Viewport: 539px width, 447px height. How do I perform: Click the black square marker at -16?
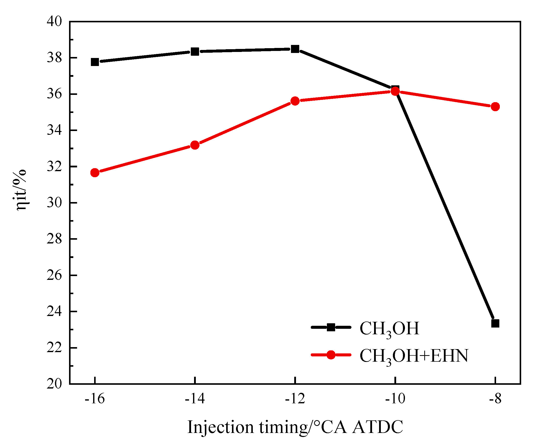point(95,62)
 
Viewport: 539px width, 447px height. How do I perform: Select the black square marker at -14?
point(195,52)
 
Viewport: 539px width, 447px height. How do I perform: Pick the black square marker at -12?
point(295,49)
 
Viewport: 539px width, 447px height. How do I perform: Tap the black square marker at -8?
point(495,323)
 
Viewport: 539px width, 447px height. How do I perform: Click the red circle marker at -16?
point(95,173)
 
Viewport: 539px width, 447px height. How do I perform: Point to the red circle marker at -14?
point(195,145)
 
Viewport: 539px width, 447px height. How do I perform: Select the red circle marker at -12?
point(295,101)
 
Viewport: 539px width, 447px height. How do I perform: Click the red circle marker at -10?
point(395,91)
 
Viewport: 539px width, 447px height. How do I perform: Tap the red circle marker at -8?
point(495,106)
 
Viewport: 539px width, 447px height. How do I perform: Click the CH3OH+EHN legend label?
point(414,356)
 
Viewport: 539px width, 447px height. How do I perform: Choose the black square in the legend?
point(331,327)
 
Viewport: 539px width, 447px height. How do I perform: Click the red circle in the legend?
point(331,355)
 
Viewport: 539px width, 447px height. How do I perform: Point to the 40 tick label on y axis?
point(54,22)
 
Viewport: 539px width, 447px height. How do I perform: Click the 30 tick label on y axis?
point(54,203)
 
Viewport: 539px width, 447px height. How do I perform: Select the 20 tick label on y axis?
point(54,384)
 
